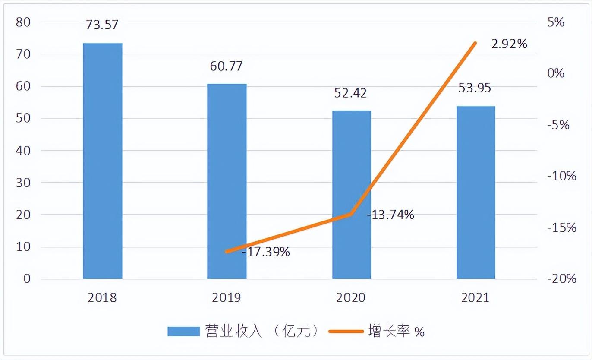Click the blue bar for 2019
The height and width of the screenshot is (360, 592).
click(x=227, y=181)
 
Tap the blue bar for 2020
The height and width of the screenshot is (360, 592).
click(x=351, y=194)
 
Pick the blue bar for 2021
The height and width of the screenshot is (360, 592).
click(x=475, y=192)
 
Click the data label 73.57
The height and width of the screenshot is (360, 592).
click(x=102, y=25)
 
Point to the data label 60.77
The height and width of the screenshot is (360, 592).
click(x=227, y=66)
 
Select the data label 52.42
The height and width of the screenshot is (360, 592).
click(x=351, y=93)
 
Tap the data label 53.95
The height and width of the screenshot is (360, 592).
click(x=475, y=88)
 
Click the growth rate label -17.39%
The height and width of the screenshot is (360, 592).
click(x=266, y=252)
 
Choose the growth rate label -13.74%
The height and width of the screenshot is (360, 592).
click(x=390, y=214)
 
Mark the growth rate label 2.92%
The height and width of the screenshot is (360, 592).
click(x=509, y=44)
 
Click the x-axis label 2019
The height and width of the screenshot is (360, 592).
click(x=227, y=298)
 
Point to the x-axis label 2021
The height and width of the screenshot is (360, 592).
click(x=475, y=298)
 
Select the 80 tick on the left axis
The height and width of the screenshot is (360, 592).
click(x=24, y=22)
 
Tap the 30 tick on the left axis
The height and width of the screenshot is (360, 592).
click(x=24, y=183)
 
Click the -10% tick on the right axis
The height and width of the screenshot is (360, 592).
click(x=561, y=176)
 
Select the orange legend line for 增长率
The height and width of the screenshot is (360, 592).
click(x=345, y=331)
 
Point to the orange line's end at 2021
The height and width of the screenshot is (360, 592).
click(x=475, y=43)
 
